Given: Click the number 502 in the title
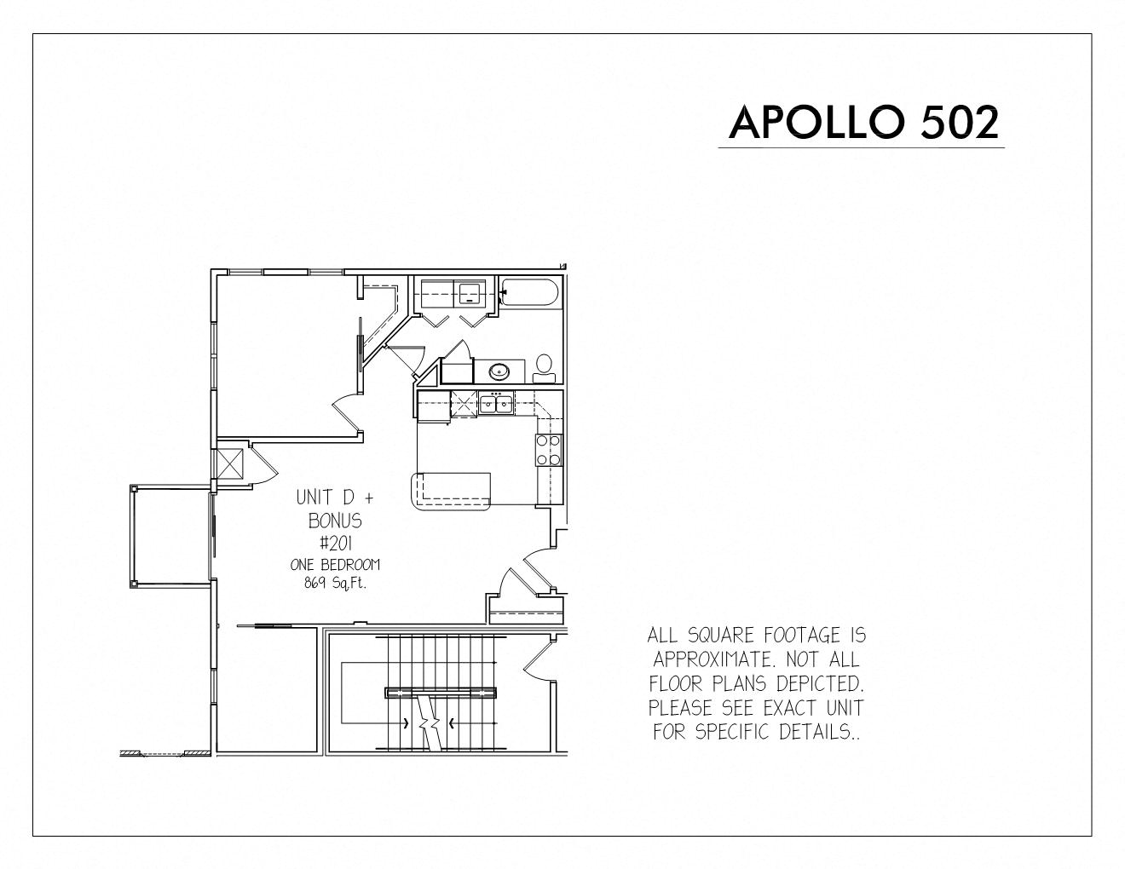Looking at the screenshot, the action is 960,123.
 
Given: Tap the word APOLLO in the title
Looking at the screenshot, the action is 817,123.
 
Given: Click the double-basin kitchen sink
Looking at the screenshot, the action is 495,403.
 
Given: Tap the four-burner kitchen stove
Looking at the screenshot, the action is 548,450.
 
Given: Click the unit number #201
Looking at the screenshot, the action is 336,544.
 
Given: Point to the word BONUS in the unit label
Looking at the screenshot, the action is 335,521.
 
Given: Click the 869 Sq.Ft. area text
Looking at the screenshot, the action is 335,584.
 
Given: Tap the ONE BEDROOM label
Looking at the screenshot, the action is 335,565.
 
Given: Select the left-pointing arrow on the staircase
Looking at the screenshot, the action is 452,723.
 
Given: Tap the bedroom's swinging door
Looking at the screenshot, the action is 344,411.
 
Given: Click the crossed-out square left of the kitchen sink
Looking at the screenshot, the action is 464,404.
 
